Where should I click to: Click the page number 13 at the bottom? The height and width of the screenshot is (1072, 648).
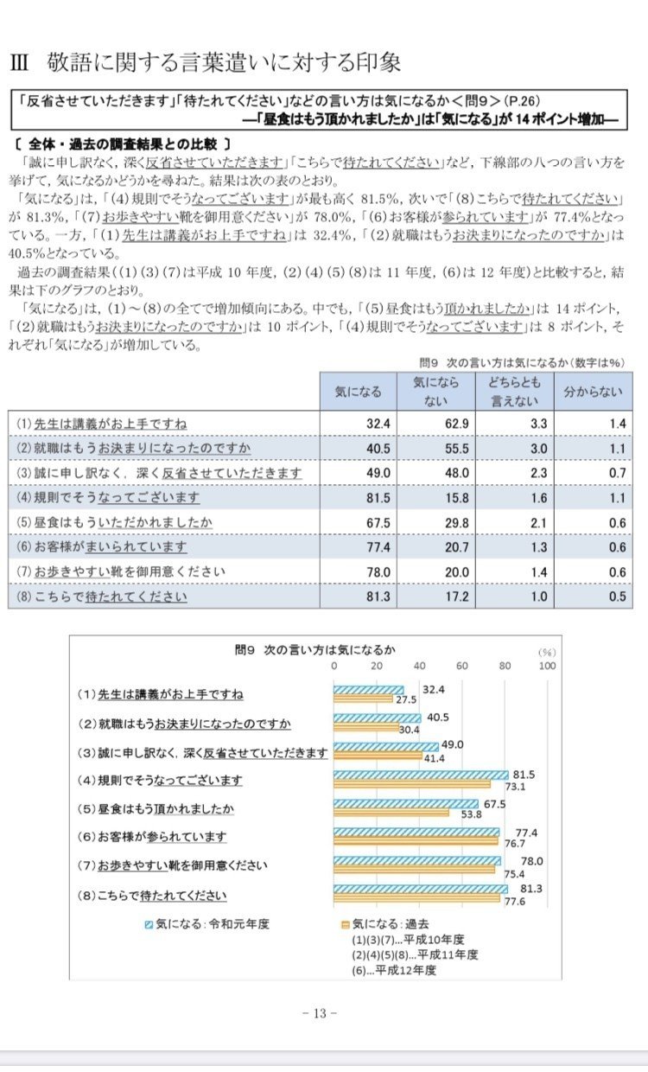click(320, 1012)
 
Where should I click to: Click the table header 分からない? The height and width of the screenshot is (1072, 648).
click(593, 392)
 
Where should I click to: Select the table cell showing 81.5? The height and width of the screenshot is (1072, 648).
click(378, 498)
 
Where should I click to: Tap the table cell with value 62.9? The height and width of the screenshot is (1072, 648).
click(457, 424)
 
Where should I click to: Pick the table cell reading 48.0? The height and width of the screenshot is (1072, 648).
click(457, 473)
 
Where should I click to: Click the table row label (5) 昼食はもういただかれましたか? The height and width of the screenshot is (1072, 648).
click(114, 522)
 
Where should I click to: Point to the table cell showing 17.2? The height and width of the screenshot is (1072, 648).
click(457, 597)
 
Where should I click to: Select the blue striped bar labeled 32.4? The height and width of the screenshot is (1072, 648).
click(368, 690)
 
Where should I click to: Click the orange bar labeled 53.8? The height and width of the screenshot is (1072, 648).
click(391, 812)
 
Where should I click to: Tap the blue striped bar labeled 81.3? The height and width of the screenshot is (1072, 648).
click(421, 890)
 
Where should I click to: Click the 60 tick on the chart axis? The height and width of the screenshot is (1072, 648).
click(462, 666)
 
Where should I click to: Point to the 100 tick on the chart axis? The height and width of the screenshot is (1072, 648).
click(547, 666)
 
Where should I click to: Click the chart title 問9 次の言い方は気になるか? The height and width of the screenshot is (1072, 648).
click(315, 649)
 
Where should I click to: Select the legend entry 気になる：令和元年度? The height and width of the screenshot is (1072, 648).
click(207, 923)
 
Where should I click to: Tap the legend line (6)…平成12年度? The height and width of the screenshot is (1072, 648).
click(394, 970)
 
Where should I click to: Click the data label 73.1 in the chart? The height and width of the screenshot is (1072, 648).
click(515, 787)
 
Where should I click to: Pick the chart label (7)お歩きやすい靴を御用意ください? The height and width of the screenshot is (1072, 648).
click(172, 865)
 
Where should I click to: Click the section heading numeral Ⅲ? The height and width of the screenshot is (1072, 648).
click(19, 63)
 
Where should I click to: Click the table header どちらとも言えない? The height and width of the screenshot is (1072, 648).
click(515, 392)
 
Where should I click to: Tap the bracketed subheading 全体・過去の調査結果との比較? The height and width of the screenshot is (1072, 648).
click(124, 144)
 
